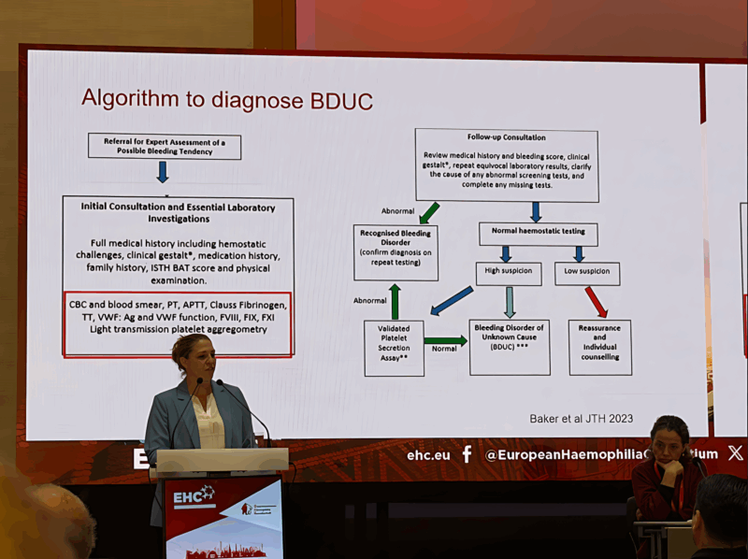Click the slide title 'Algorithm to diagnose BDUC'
pyautogui.click(x=226, y=99)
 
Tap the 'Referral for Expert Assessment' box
pyautogui.click(x=165, y=146)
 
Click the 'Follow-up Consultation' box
pyautogui.click(x=506, y=165)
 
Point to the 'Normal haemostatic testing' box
pyautogui.click(x=538, y=234)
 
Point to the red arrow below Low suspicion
pyautogui.click(x=596, y=302)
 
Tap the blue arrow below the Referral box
pyautogui.click(x=163, y=172)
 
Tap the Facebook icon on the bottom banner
pyautogui.click(x=467, y=454)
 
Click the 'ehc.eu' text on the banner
pyautogui.click(x=428, y=455)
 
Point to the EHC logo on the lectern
pyautogui.click(x=194, y=496)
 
